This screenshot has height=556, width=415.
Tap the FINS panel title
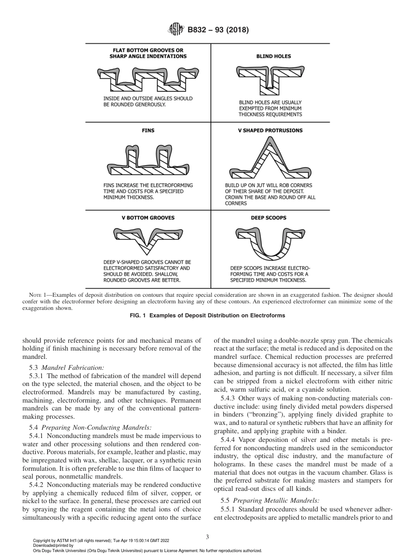coord(148,130)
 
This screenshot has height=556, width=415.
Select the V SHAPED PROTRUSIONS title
coord(270,130)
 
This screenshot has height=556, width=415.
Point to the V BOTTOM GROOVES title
coord(148,218)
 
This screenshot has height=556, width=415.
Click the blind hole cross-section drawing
coord(270,80)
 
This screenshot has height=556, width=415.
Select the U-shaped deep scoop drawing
coord(270,243)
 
